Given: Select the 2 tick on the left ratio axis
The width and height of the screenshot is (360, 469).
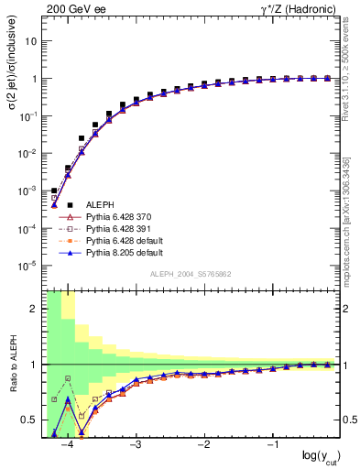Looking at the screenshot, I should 33,309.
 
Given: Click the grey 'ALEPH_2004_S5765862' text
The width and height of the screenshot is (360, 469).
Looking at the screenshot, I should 191,275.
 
